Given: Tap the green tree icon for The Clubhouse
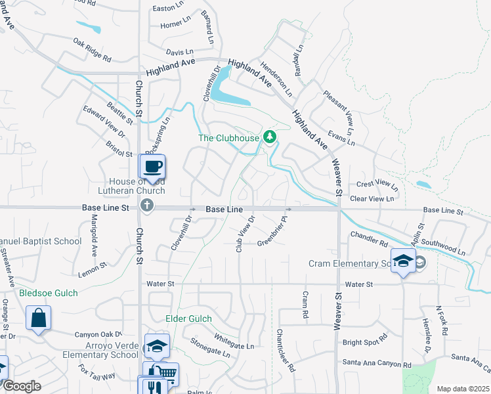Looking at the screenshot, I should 268,137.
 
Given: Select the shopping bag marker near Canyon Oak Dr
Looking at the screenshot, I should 38,318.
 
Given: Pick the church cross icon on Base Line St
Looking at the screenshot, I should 147,206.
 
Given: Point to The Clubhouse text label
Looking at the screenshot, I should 228,138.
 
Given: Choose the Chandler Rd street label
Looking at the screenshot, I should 369,238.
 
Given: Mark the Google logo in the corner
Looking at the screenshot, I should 22,386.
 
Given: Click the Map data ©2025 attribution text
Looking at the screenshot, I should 462,389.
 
